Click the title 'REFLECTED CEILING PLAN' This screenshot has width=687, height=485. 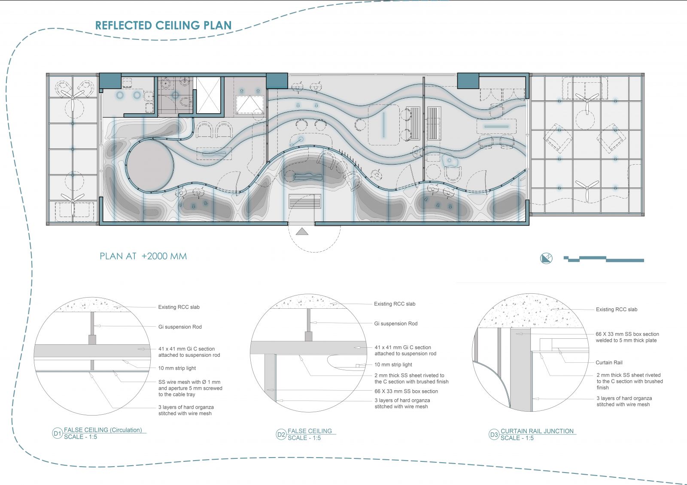[x=163, y=25]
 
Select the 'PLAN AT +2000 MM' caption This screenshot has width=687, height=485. [x=143, y=256]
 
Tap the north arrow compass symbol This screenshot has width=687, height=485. [x=546, y=258]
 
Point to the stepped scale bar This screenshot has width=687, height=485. [x=604, y=259]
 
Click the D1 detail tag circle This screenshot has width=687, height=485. [x=58, y=434]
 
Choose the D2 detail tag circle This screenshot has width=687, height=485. [x=281, y=434]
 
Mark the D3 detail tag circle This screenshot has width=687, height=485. [x=494, y=434]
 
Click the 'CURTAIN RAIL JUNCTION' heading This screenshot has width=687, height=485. [x=537, y=431]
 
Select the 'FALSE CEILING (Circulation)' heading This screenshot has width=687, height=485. [x=103, y=430]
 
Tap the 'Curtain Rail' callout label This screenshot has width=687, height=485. [x=609, y=362]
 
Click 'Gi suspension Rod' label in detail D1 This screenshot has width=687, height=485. [x=180, y=327]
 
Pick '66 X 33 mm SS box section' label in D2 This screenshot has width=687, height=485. [x=406, y=391]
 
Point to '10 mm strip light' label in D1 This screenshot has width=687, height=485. [x=177, y=368]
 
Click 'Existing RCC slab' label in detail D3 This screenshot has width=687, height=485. [x=617, y=310]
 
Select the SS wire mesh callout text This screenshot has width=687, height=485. [x=190, y=388]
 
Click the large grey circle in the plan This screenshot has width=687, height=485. [x=150, y=166]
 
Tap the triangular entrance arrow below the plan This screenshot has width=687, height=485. [x=302, y=231]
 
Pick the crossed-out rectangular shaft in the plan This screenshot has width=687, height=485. [x=208, y=95]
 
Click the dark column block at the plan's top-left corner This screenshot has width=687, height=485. [x=110, y=81]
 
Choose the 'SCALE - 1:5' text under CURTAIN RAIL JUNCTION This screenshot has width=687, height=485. [x=517, y=438]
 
